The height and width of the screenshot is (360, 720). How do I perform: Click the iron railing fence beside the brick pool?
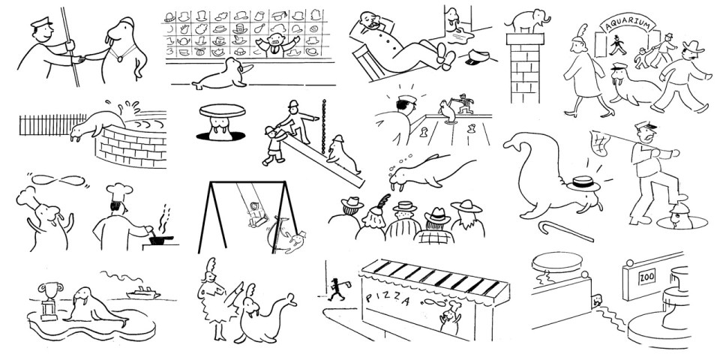(45, 127)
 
